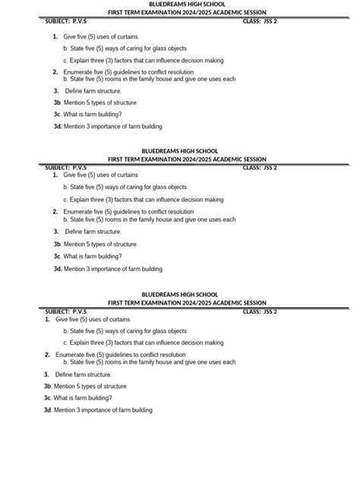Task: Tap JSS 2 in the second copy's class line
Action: pos(270,168)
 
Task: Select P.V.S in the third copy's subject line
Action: pos(79,311)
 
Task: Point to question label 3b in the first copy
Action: pos(57,102)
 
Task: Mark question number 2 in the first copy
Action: pos(55,71)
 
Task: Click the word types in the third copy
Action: pos(94,386)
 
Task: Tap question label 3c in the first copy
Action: pos(57,114)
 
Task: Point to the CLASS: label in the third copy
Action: pos(251,311)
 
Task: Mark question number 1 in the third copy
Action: pos(48,320)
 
